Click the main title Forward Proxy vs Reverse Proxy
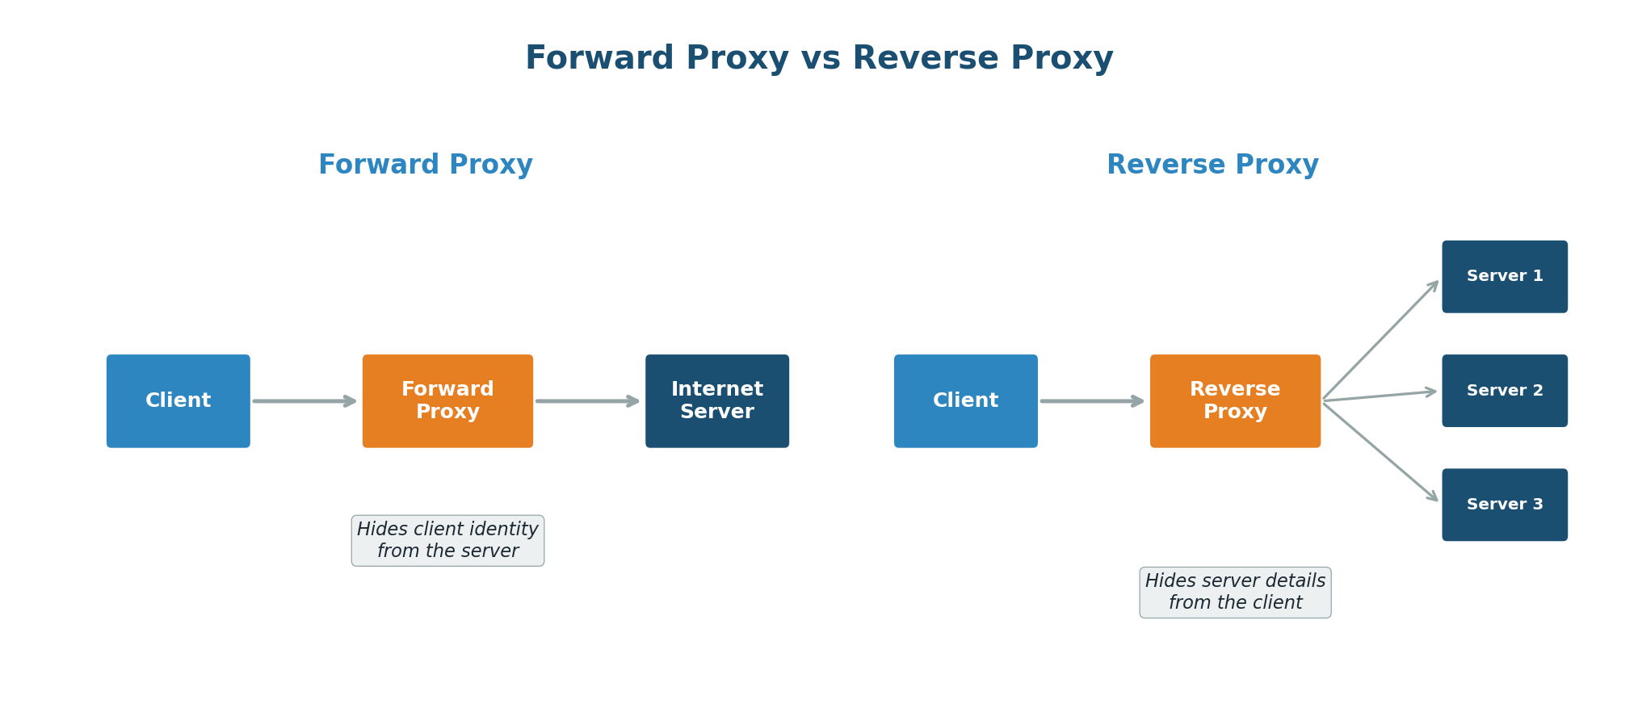[819, 59]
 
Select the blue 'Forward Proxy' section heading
[426, 165]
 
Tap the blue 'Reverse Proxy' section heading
[1212, 165]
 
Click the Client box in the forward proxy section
[178, 401]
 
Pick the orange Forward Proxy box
[447, 401]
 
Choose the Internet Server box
[717, 401]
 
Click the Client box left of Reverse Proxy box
[966, 401]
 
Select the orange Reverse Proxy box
[1235, 401]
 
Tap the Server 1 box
[1505, 277]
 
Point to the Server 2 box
[1505, 391]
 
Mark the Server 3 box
[1505, 505]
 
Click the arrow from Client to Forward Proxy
[304, 401]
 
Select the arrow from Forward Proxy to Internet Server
[587, 401]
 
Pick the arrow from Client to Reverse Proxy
[1091, 401]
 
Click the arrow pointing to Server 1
[1381, 340]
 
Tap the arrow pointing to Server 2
[1380, 396]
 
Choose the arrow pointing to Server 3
[1381, 451]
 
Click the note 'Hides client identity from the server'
[447, 541]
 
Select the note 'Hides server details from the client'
[1235, 593]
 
